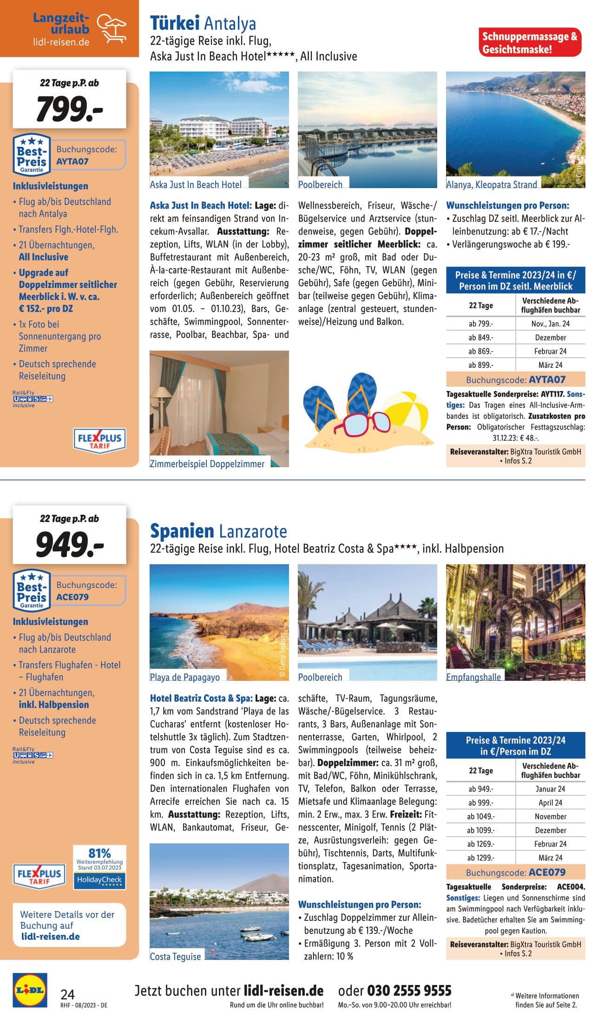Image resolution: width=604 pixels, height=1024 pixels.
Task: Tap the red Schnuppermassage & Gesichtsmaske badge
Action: point(530,43)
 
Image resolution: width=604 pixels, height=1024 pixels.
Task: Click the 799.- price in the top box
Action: point(70,109)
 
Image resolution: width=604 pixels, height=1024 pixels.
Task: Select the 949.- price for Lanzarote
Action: point(70,544)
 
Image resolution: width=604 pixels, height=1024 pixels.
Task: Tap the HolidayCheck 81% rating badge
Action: point(99,867)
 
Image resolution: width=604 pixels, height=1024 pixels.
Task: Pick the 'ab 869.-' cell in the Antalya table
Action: point(481,352)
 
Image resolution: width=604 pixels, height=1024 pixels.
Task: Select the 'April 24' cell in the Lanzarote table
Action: point(551,802)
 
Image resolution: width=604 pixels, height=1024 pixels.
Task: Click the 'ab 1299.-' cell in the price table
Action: point(481,858)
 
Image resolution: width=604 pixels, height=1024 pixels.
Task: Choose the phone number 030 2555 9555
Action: point(409,991)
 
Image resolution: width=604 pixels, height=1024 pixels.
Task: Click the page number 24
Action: point(68,994)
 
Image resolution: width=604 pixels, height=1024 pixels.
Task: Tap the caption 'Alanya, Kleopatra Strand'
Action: point(492,185)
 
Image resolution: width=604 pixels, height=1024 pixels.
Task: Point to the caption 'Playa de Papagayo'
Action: point(185,677)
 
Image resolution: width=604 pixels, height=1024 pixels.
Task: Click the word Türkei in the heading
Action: point(175,23)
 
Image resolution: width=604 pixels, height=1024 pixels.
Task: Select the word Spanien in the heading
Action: point(182,530)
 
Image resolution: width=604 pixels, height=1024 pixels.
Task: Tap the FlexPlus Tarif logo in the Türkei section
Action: point(99,440)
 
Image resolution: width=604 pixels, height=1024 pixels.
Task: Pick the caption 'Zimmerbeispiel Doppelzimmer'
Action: point(207,464)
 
